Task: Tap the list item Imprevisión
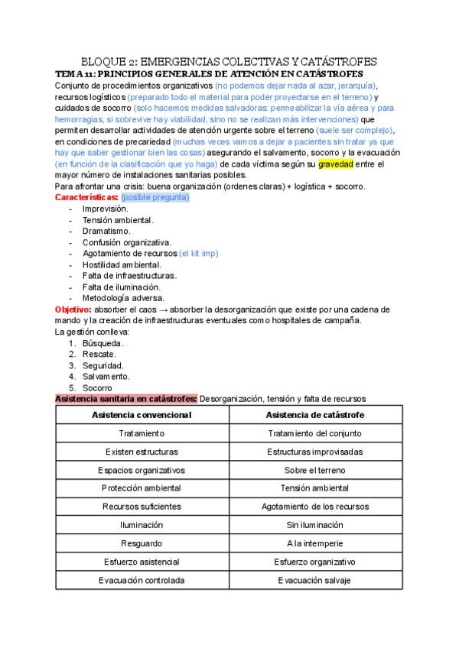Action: click(x=105, y=209)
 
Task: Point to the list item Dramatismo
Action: click(x=106, y=231)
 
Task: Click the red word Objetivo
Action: click(x=73, y=309)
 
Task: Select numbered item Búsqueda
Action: click(x=103, y=342)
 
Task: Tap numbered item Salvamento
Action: click(x=106, y=376)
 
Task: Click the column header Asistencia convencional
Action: click(x=142, y=415)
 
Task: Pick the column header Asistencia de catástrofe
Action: click(x=314, y=415)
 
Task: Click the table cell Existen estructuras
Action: click(x=142, y=452)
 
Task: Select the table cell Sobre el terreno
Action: click(x=314, y=470)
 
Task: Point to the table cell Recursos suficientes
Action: click(x=142, y=507)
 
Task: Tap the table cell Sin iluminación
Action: click(x=314, y=525)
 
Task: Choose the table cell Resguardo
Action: click(x=142, y=543)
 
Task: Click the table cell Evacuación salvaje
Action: click(x=314, y=580)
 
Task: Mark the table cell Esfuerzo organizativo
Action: click(x=314, y=562)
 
